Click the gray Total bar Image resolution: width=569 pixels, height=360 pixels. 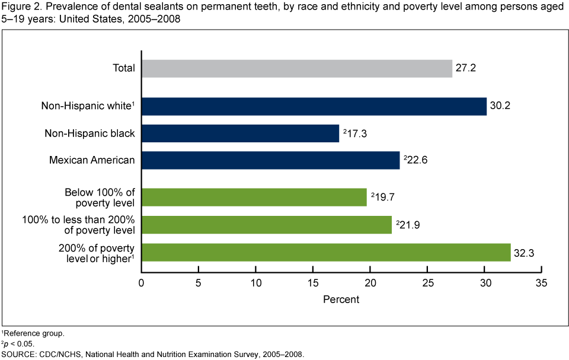click(296, 68)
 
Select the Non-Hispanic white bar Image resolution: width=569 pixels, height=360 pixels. click(314, 106)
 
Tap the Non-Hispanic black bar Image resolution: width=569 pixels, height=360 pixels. click(240, 133)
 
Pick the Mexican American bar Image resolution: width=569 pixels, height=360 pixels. click(270, 160)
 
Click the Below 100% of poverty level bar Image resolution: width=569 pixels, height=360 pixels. click(254, 197)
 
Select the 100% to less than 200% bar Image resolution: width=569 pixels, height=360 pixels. click(266, 225)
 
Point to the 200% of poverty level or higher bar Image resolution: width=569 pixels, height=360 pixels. click(325, 252)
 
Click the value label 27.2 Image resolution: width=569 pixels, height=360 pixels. click(466, 68)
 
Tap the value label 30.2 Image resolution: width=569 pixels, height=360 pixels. click(500, 106)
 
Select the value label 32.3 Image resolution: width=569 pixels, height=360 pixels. click(524, 252)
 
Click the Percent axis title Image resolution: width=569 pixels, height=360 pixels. click(341, 300)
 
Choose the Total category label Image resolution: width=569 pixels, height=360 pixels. click(124, 68)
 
